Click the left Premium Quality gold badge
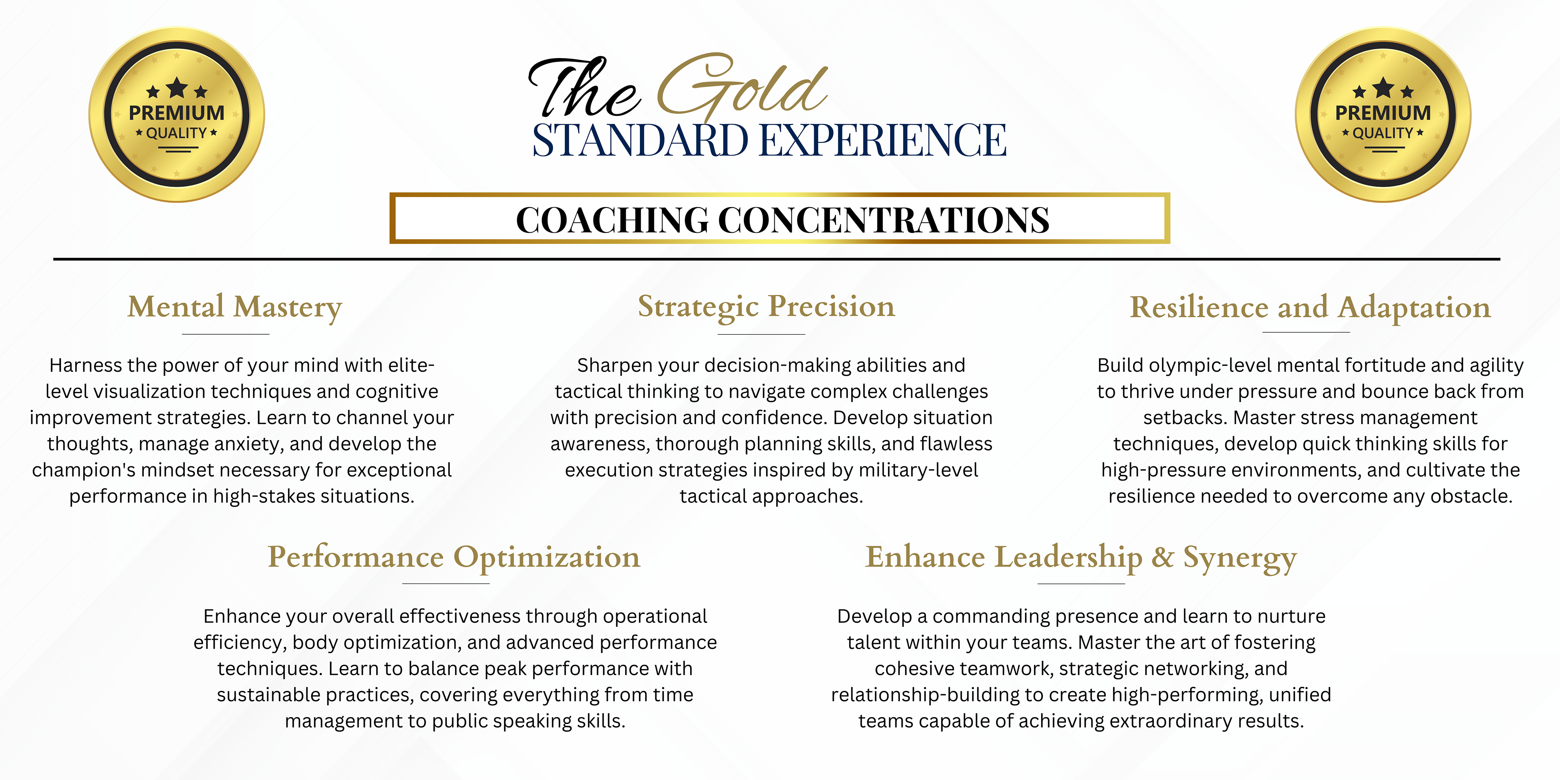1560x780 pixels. click(176, 115)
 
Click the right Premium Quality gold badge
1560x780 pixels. click(1383, 115)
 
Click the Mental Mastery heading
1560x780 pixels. click(235, 307)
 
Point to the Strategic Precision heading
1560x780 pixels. click(766, 306)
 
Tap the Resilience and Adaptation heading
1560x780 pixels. click(1310, 308)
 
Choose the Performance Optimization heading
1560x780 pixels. click(454, 557)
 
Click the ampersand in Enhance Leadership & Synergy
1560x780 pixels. click(1163, 557)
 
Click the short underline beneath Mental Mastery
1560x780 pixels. click(225, 334)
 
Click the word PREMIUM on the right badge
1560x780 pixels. click(1383, 113)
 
